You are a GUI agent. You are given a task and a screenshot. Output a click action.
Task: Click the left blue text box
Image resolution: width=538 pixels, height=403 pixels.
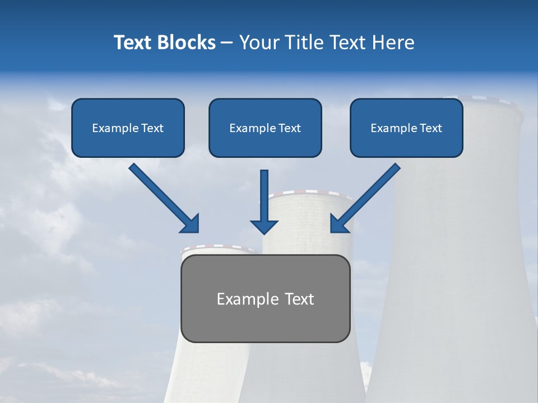click(128, 128)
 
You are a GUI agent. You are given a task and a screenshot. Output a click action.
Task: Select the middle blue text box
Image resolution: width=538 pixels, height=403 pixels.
click(265, 128)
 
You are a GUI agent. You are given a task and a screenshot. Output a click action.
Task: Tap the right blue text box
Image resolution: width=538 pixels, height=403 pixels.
click(406, 128)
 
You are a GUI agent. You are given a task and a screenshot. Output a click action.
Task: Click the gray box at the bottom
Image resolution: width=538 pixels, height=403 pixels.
click(265, 298)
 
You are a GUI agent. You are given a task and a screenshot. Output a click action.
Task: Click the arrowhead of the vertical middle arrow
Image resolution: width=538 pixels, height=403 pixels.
click(264, 226)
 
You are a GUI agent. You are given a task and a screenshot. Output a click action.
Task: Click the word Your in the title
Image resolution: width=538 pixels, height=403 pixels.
click(258, 43)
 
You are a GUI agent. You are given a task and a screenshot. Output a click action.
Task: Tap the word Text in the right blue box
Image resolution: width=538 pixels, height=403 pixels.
click(430, 128)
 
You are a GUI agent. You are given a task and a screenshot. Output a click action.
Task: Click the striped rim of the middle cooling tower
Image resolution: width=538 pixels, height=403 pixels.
click(310, 194)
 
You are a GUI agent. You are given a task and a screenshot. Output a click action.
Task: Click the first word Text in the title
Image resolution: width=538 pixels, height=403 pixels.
click(133, 43)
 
